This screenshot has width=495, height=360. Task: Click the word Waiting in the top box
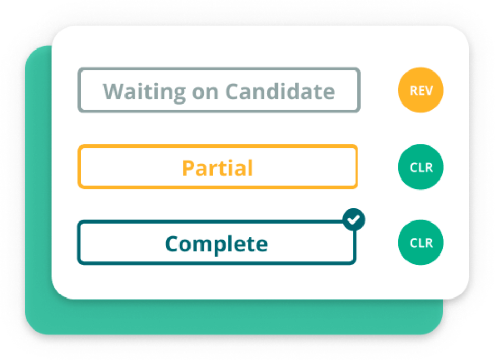(144, 92)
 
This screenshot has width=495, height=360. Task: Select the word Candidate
(280, 91)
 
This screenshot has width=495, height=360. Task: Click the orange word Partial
(218, 168)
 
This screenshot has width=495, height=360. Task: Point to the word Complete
(216, 245)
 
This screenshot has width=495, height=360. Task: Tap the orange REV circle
(421, 90)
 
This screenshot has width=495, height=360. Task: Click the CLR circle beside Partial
(421, 167)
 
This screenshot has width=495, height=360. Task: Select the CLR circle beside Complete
(421, 242)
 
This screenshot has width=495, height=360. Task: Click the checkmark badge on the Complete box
(354, 219)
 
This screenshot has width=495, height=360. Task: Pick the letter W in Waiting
(115, 91)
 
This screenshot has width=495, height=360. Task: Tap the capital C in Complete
(172, 244)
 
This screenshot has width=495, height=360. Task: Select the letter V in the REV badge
(429, 90)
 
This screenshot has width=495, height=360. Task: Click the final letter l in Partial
(250, 168)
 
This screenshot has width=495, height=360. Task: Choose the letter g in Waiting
(179, 95)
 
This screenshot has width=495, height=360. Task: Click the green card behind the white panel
(38, 189)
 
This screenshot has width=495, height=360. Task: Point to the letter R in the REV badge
(413, 90)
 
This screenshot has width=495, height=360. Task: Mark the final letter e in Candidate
(329, 93)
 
